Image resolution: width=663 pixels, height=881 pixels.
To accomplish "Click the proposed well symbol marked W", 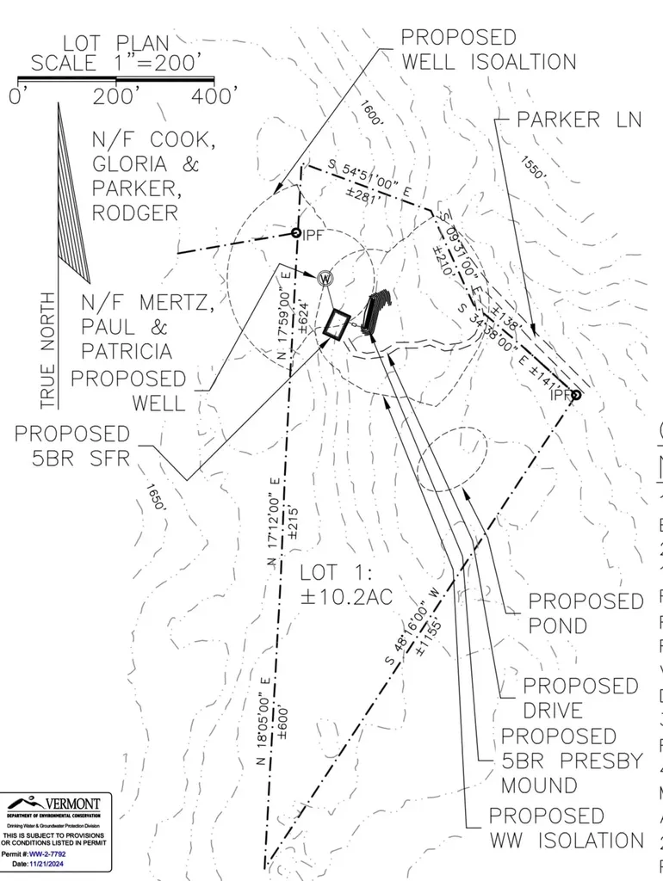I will pyautogui.click(x=325, y=278).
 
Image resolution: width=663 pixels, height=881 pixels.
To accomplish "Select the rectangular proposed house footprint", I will pyautogui.click(x=337, y=324).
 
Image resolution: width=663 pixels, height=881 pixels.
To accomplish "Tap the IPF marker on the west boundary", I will pyautogui.click(x=295, y=233).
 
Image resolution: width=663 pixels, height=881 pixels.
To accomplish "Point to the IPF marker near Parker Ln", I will pyautogui.click(x=576, y=395).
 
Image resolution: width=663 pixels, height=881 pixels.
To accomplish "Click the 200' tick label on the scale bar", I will pyautogui.click(x=117, y=96).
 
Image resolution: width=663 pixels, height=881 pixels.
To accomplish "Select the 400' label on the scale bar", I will pyautogui.click(x=216, y=96).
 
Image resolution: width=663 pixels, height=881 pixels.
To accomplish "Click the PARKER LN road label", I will pyautogui.click(x=579, y=120).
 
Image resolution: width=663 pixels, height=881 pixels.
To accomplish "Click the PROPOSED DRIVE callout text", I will pyautogui.click(x=580, y=698).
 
